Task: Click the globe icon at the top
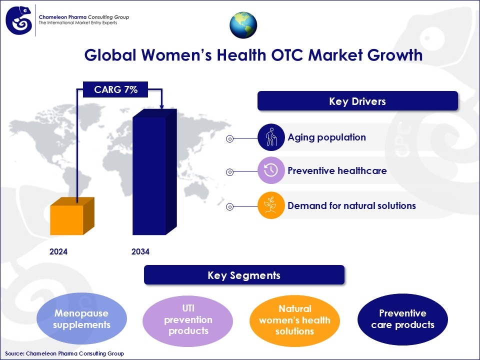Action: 243,25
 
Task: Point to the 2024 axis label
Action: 58,251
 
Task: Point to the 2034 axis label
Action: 140,251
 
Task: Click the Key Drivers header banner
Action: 357,101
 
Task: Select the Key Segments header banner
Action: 244,275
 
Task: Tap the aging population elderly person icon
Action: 270,137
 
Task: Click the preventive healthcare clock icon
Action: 270,170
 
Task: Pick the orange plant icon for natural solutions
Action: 270,205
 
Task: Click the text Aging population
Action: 326,137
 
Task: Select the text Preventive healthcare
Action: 337,170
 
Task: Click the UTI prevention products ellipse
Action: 188,319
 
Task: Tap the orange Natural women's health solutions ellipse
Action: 294,319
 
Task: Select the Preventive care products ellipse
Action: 402,319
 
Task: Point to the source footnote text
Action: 64,353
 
